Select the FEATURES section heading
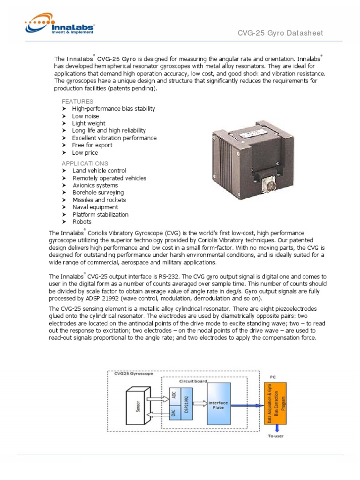pyautogui.click(x=77, y=101)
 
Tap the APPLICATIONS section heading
pyautogui.click(x=85, y=163)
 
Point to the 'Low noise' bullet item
pyautogui.click(x=85, y=116)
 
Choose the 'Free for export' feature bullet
pyautogui.click(x=92, y=145)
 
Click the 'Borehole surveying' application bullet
pyautogui.click(x=98, y=193)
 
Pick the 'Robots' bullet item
pyautogui.click(x=82, y=222)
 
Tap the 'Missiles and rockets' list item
pyautogui.click(x=99, y=200)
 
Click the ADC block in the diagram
pyautogui.click(x=174, y=396)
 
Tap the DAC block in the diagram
pyautogui.click(x=174, y=415)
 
